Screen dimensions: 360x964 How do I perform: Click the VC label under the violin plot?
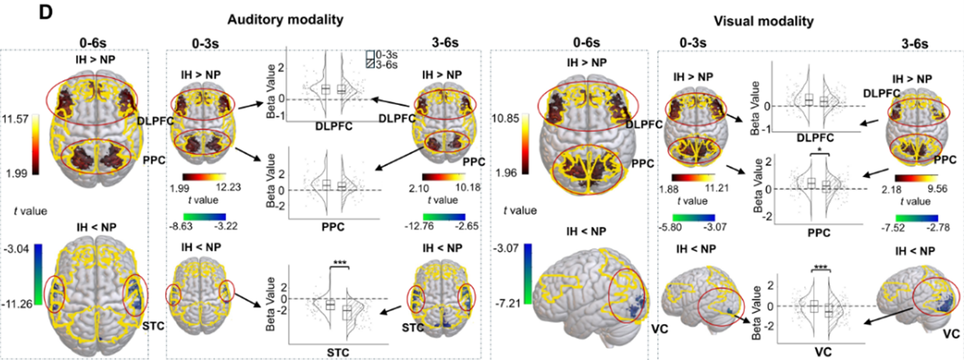click(822, 349)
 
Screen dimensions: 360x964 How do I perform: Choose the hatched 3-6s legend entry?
click(382, 64)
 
